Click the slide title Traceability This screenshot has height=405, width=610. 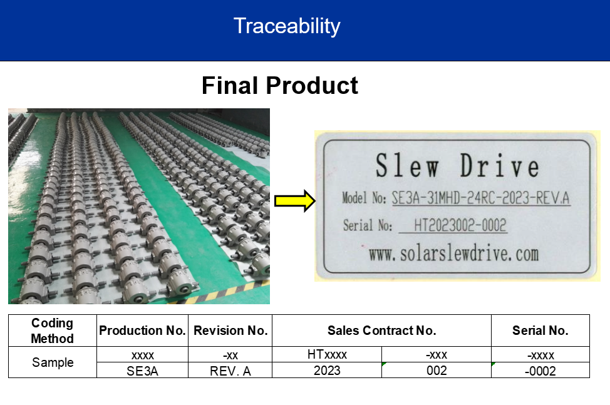point(287,26)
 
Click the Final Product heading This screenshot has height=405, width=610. point(280,86)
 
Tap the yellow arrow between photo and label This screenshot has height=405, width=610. point(295,201)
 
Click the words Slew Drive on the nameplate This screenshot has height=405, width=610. point(457,166)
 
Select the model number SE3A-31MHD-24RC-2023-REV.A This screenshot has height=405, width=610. point(481,198)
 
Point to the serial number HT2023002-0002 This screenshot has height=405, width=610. point(460,225)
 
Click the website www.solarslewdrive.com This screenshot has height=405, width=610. point(453,254)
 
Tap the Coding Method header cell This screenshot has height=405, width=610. point(53,331)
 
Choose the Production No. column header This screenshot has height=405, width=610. point(142,331)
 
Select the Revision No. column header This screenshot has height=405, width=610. point(230,331)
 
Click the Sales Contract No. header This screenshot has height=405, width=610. point(381,331)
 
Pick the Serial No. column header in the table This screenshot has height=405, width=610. point(540,331)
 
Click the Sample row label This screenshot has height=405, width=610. point(53,362)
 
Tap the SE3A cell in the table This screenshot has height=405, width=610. point(142,371)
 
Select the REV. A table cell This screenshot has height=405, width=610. point(230,371)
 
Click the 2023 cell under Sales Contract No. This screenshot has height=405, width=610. point(327,371)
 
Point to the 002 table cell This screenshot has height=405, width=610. point(437,371)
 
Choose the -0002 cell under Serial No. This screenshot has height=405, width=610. point(540,371)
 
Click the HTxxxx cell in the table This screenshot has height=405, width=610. point(327,354)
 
